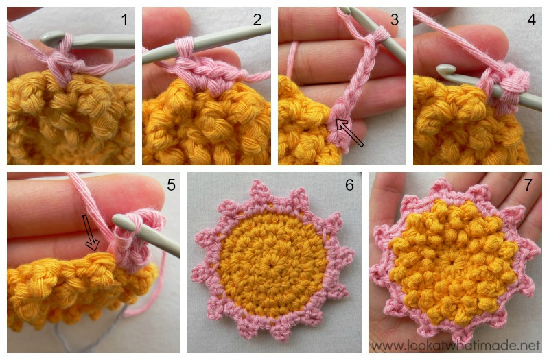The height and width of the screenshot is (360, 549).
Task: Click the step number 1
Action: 124,20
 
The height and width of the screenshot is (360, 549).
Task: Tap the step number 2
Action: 257,20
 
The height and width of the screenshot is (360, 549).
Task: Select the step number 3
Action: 394,20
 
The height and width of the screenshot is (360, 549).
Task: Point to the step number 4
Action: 531,20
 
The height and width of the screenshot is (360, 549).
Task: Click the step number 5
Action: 168,186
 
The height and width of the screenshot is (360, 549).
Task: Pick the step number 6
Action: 349,186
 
